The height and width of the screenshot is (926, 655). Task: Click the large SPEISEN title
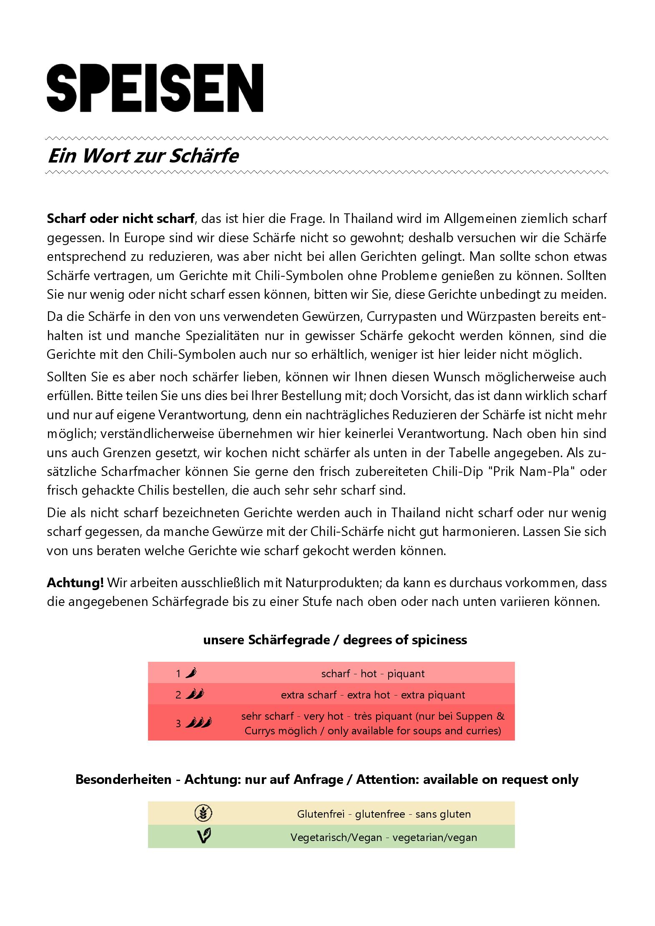(x=155, y=88)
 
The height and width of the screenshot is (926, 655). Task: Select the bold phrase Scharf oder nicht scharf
(x=120, y=218)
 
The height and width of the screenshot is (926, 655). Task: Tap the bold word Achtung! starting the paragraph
(x=75, y=583)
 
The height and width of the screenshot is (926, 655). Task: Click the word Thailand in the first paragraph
(x=368, y=218)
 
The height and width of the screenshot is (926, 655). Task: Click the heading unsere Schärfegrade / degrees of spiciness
(x=335, y=640)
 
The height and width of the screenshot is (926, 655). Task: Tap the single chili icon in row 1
(x=191, y=673)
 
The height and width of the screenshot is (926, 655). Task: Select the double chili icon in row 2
(x=195, y=694)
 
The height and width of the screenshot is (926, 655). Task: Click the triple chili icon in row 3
(x=198, y=723)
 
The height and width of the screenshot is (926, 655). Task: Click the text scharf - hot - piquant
(x=373, y=673)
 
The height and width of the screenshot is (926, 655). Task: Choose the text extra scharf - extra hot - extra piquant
(x=373, y=695)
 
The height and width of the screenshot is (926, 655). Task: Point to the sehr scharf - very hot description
(x=373, y=723)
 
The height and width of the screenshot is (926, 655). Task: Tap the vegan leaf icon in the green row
(x=203, y=836)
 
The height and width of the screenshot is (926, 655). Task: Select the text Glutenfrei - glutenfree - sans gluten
(x=384, y=814)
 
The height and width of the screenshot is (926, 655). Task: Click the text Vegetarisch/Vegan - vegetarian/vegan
(x=384, y=837)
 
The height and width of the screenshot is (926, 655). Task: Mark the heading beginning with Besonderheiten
(x=327, y=779)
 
